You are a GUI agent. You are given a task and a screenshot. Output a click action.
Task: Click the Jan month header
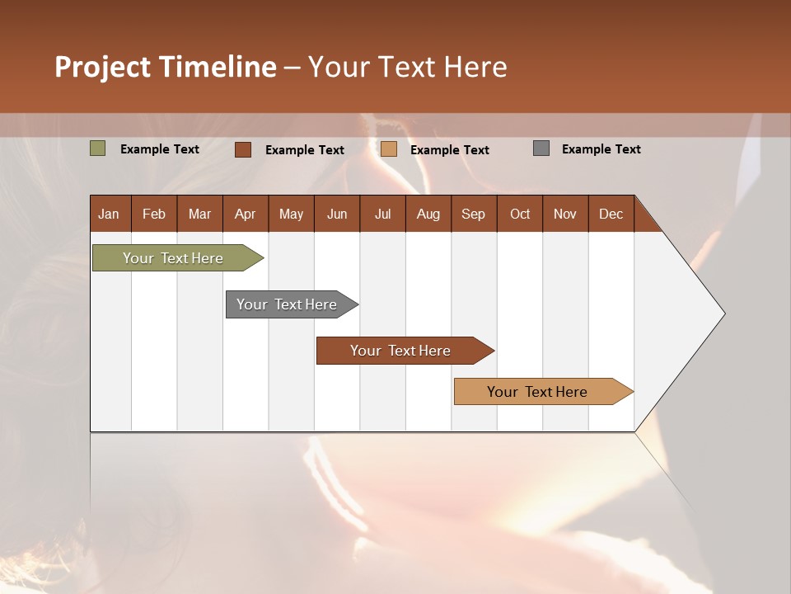click(x=110, y=214)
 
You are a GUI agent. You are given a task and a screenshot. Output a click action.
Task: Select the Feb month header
click(x=154, y=214)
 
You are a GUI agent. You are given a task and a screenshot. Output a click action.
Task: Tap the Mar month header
click(x=199, y=214)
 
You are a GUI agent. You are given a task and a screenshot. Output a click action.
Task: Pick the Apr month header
click(x=246, y=214)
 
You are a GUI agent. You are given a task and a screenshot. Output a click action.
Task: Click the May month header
click(x=291, y=214)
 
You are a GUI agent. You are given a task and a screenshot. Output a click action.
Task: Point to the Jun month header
click(x=337, y=214)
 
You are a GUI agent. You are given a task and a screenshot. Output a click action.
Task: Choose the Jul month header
click(x=382, y=214)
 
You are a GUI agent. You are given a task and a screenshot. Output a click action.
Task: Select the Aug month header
click(x=428, y=214)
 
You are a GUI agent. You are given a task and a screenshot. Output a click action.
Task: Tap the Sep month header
click(x=474, y=214)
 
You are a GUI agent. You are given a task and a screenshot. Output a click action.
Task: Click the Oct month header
click(x=520, y=214)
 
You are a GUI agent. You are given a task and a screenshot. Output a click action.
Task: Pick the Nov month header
click(x=565, y=214)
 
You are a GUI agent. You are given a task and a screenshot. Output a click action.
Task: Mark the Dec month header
click(x=611, y=214)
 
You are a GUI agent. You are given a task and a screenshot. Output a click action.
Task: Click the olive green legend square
click(x=98, y=148)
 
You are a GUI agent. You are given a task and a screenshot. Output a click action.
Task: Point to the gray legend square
click(x=541, y=148)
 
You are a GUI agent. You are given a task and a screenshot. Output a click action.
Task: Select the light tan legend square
click(x=389, y=148)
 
